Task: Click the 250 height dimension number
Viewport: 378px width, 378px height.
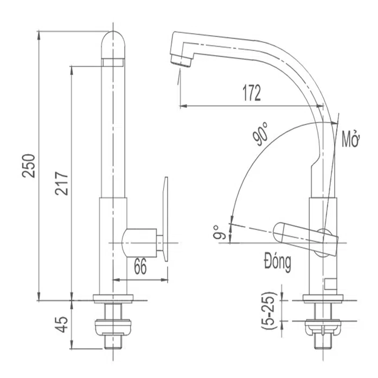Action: pyautogui.click(x=29, y=166)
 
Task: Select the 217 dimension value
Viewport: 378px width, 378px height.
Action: pyautogui.click(x=61, y=183)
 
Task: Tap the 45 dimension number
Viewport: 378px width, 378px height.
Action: pyautogui.click(x=61, y=324)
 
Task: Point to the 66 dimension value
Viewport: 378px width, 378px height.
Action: pyautogui.click(x=140, y=267)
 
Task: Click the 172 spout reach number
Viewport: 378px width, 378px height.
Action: pyautogui.click(x=252, y=93)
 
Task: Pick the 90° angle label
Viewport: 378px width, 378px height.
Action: pyautogui.click(x=261, y=134)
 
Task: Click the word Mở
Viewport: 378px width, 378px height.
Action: pyautogui.click(x=351, y=139)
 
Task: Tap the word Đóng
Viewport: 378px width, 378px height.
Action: pyautogui.click(x=278, y=262)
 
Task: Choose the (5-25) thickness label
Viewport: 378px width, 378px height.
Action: pyautogui.click(x=268, y=311)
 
